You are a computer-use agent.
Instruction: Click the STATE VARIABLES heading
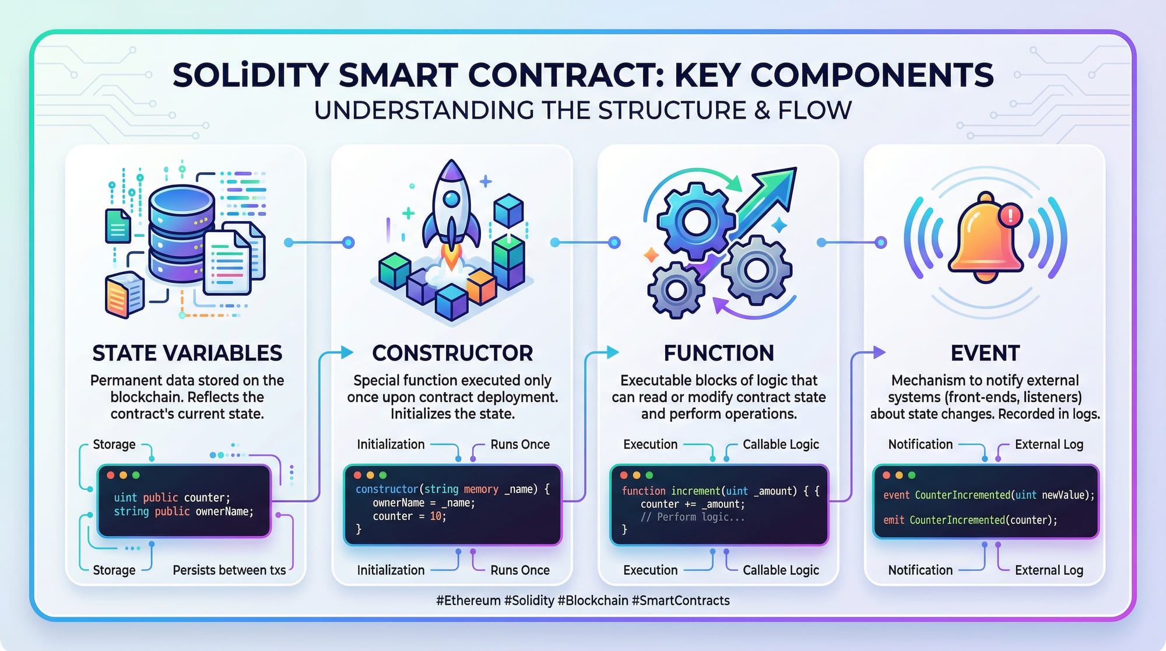click(x=187, y=353)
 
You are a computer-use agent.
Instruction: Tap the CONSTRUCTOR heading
click(x=452, y=353)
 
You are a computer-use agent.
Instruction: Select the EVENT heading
click(x=985, y=353)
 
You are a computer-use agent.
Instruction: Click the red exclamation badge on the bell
click(x=1010, y=215)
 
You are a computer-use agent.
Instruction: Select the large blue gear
click(x=695, y=222)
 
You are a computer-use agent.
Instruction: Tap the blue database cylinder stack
click(x=181, y=233)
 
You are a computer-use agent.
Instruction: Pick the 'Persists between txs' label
click(x=229, y=570)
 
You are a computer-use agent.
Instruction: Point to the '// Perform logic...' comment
click(x=693, y=517)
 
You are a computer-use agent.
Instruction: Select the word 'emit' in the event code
click(x=894, y=520)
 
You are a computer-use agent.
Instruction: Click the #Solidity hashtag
click(x=529, y=601)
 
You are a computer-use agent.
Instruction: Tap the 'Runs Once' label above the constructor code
click(x=520, y=444)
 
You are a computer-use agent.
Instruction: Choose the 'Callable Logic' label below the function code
click(x=781, y=570)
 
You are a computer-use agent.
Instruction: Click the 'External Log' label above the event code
click(x=1049, y=444)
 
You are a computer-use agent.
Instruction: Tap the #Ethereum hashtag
click(x=468, y=601)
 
